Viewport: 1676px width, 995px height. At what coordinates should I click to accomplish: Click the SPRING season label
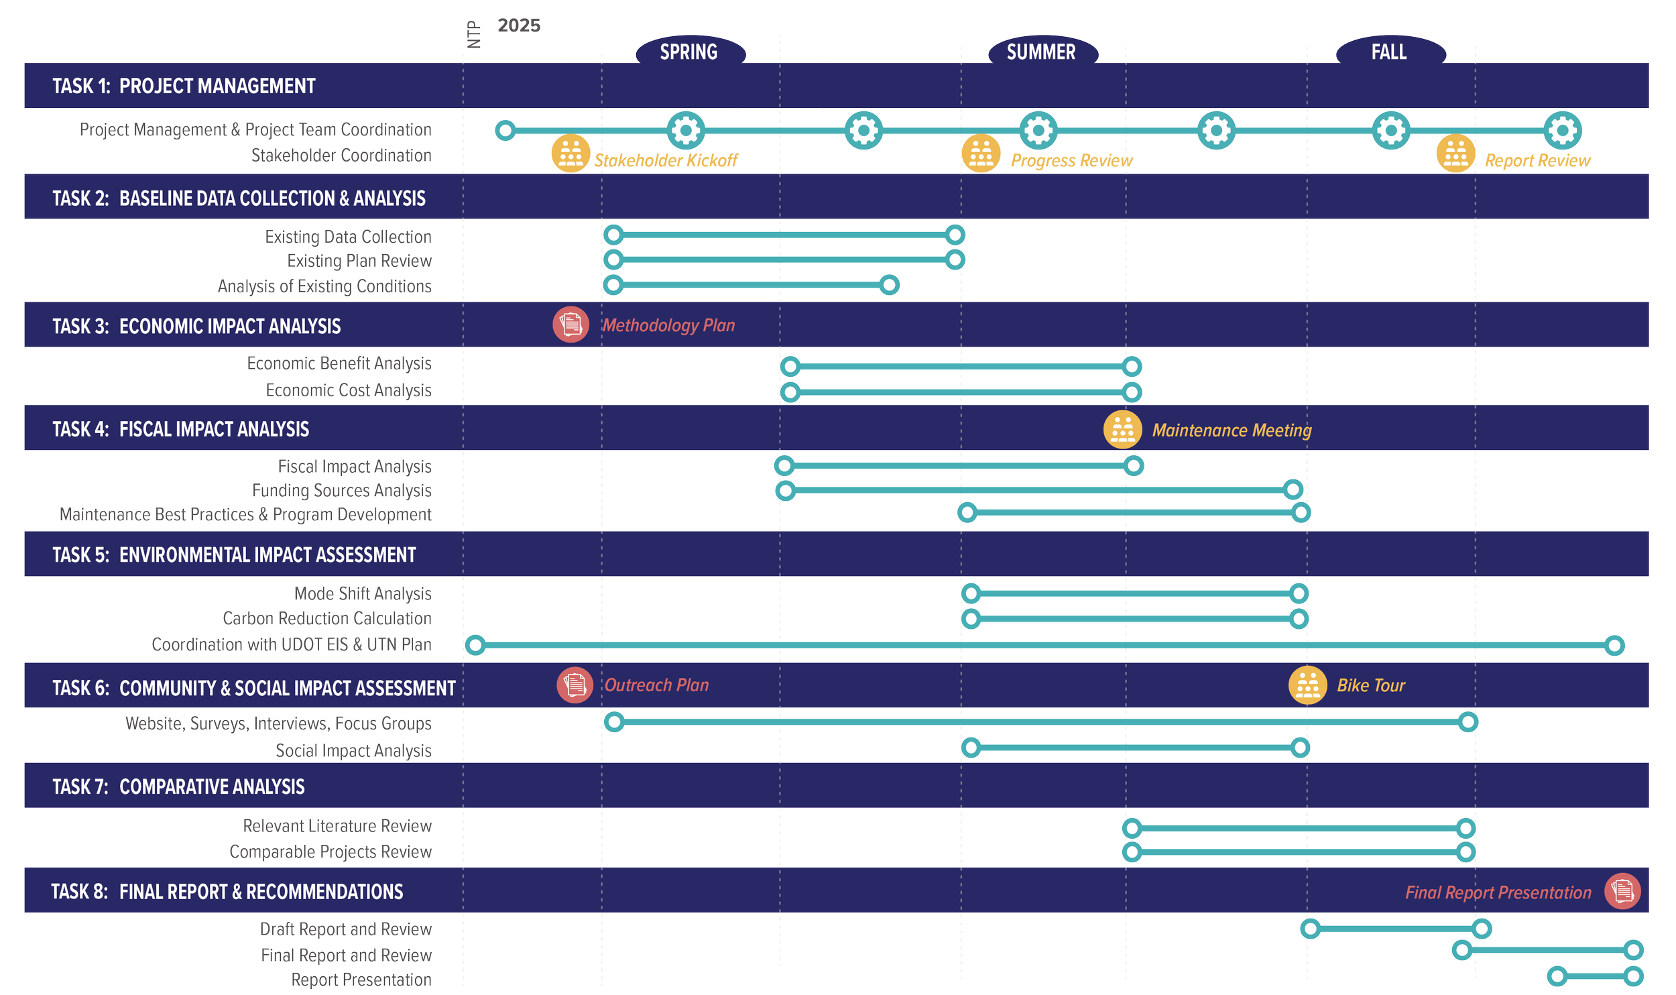tap(689, 52)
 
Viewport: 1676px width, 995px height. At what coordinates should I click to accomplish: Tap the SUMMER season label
tap(1040, 52)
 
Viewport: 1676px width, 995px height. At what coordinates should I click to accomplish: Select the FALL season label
tap(1388, 52)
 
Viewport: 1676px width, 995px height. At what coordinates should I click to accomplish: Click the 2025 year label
tap(519, 25)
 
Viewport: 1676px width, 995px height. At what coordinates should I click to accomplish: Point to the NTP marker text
tap(474, 34)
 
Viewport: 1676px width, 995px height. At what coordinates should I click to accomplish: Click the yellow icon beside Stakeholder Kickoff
tap(571, 154)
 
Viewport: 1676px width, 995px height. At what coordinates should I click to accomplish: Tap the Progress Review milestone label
tap(1071, 161)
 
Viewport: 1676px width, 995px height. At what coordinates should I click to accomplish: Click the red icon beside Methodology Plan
tap(571, 325)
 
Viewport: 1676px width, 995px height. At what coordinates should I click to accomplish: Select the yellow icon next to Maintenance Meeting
tap(1122, 430)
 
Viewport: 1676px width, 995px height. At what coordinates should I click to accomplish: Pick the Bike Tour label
tap(1370, 685)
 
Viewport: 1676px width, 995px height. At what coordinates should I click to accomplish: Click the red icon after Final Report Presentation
tap(1622, 891)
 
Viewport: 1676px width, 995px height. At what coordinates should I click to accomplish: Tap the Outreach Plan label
tap(656, 685)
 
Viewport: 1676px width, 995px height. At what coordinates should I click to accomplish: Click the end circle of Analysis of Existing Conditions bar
tap(889, 285)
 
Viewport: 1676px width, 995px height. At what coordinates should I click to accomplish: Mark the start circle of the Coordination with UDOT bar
tap(475, 646)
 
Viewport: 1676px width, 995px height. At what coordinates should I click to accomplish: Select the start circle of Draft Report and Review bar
tap(1310, 929)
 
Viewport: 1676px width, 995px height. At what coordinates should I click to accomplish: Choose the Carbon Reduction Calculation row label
tap(327, 618)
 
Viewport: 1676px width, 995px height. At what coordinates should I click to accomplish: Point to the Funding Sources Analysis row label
tap(341, 491)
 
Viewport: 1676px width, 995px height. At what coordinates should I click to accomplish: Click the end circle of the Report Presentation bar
tap(1634, 976)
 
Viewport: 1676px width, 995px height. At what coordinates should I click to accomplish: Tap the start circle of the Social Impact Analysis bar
tap(971, 748)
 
